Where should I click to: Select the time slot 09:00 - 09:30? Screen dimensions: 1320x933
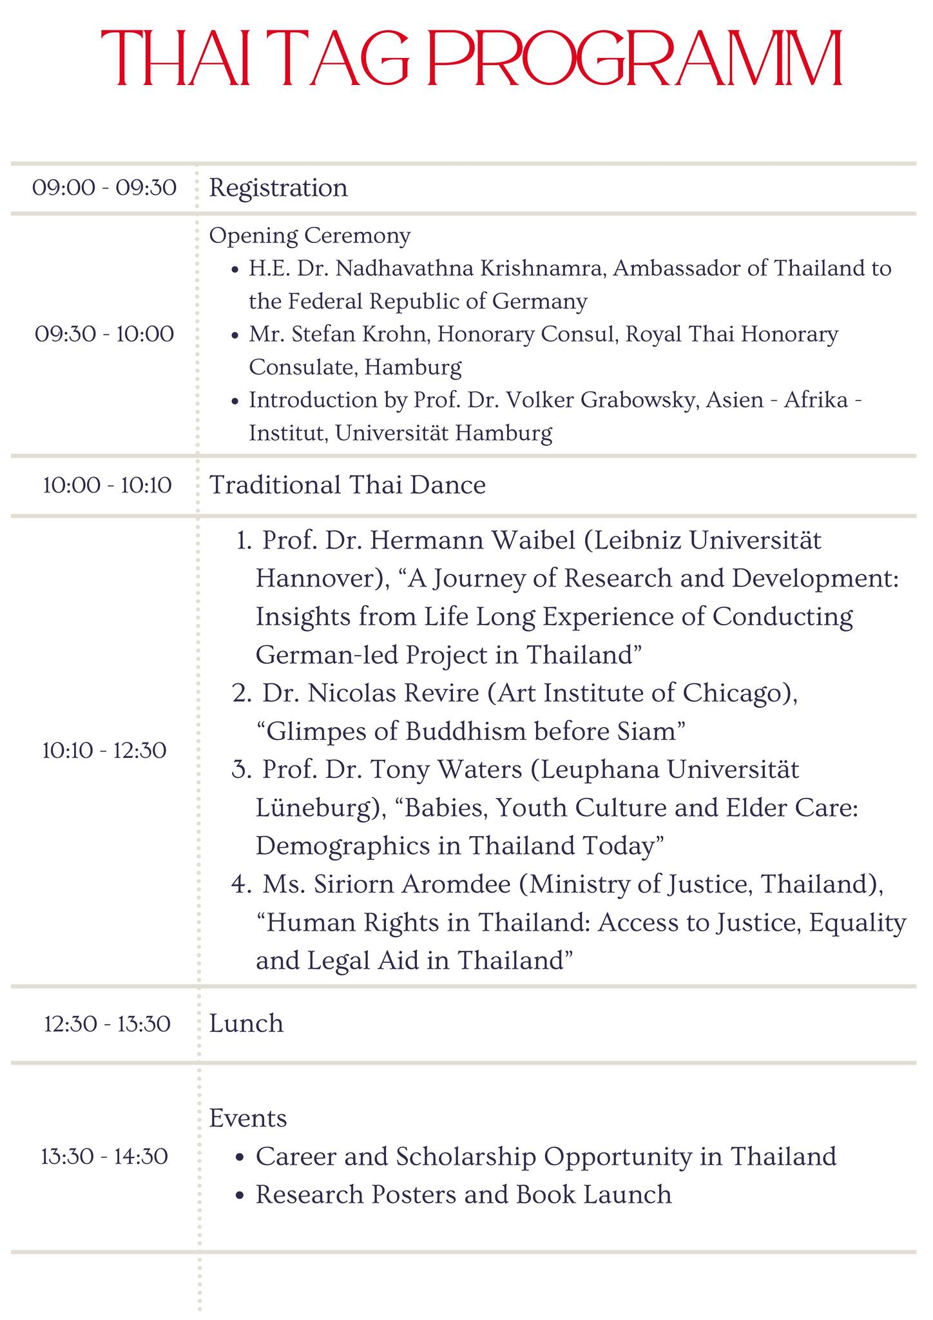(104, 188)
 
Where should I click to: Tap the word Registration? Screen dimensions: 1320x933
(278, 188)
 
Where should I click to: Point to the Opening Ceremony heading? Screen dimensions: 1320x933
(310, 236)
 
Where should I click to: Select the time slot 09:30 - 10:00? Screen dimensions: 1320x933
(104, 334)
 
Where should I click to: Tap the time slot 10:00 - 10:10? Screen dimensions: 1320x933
(107, 485)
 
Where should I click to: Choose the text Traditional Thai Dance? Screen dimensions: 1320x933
(348, 485)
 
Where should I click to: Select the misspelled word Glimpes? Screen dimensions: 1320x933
(306, 732)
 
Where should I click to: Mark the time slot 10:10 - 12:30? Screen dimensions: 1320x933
(104, 750)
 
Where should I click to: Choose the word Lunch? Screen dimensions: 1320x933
(246, 1024)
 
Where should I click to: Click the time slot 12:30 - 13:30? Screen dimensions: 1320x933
(107, 1024)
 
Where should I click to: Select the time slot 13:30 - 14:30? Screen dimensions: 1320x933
(104, 1156)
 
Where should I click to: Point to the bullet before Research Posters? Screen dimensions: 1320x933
(240, 1196)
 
